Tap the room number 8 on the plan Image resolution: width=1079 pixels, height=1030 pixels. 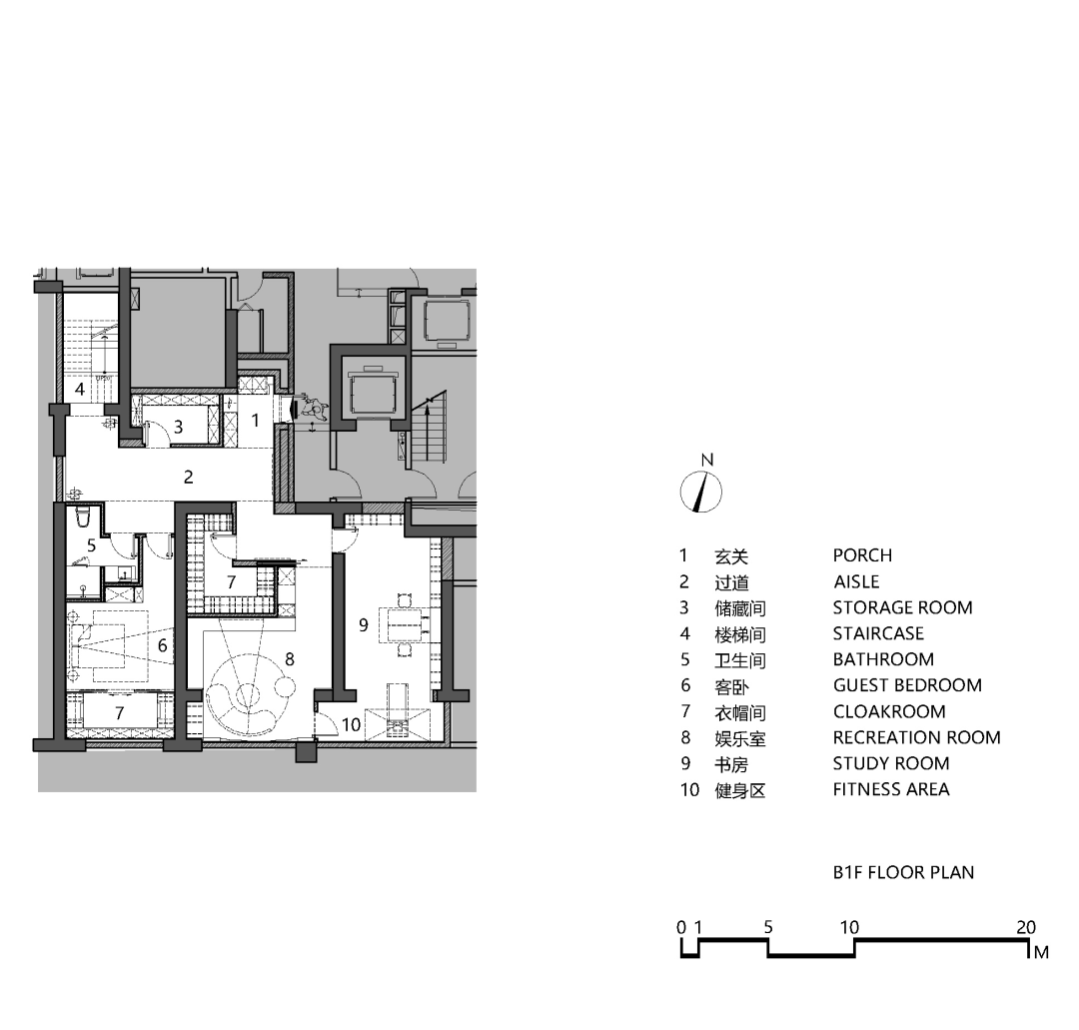click(290, 659)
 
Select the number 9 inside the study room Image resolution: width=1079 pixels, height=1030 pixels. click(364, 624)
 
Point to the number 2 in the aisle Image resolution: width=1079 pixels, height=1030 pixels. click(189, 477)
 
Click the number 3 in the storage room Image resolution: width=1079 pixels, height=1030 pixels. click(178, 428)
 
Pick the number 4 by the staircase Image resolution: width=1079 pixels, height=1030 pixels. click(80, 389)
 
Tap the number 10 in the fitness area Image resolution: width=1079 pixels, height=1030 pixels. click(351, 724)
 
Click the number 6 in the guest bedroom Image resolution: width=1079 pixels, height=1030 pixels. click(163, 645)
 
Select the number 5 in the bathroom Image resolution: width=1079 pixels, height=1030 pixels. click(92, 545)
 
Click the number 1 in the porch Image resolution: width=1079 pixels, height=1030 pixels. click(256, 420)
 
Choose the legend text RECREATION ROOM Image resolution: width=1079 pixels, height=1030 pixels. click(916, 737)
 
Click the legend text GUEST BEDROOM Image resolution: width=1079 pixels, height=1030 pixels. click(907, 685)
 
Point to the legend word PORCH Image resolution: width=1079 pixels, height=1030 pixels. click(862, 555)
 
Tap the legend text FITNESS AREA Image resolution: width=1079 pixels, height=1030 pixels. click(891, 789)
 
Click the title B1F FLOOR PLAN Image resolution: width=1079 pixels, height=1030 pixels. click(903, 872)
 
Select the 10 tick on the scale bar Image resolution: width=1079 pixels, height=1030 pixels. click(850, 927)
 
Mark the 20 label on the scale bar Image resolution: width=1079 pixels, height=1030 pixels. click(1026, 927)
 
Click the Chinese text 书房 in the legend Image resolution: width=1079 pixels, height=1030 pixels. click(731, 764)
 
